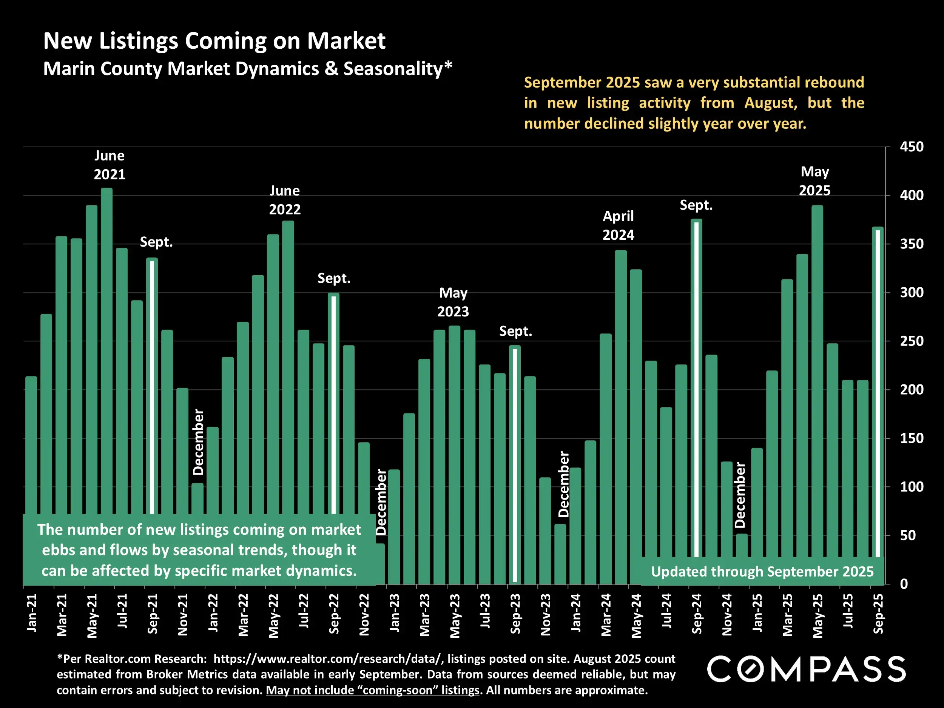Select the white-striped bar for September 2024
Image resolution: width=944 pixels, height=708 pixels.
696,384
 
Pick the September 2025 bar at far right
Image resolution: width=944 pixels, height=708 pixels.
878,393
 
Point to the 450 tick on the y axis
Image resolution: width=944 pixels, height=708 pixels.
912,147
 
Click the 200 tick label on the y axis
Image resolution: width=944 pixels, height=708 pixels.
912,390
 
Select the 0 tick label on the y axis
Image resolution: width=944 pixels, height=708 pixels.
904,584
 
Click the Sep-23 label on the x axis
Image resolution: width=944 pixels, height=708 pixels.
515,614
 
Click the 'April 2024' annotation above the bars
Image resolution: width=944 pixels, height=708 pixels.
618,225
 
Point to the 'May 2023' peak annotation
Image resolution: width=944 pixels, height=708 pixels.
453,302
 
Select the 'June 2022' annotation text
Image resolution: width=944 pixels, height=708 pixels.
285,200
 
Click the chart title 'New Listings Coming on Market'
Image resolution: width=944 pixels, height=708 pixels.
214,41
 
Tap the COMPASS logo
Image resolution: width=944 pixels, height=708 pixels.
806,669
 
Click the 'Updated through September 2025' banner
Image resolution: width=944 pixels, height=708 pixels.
762,571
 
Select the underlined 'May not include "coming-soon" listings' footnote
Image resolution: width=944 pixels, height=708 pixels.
373,690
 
